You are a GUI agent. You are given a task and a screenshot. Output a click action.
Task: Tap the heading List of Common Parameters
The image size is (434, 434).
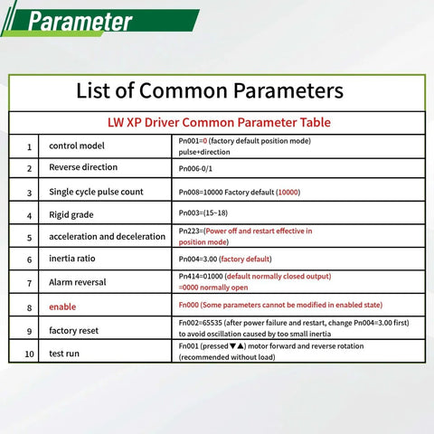click(x=210, y=90)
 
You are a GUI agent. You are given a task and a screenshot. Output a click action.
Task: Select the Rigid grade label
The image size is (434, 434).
click(x=71, y=214)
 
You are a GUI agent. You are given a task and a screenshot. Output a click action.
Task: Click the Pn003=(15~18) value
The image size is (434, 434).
click(x=208, y=214)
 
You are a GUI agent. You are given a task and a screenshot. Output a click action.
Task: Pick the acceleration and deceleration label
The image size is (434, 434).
click(x=108, y=237)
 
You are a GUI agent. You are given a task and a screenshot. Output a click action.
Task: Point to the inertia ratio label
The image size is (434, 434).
click(x=76, y=259)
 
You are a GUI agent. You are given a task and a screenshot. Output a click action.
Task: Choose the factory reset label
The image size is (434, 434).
click(x=74, y=331)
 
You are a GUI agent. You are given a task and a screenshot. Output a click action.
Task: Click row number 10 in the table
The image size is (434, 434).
click(x=29, y=354)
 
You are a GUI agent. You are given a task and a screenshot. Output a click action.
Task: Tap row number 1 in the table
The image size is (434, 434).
click(x=29, y=146)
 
